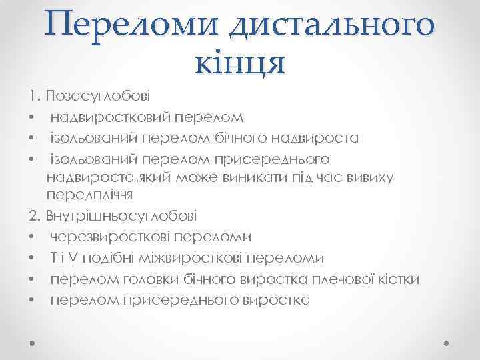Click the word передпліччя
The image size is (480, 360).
pos(90,196)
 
